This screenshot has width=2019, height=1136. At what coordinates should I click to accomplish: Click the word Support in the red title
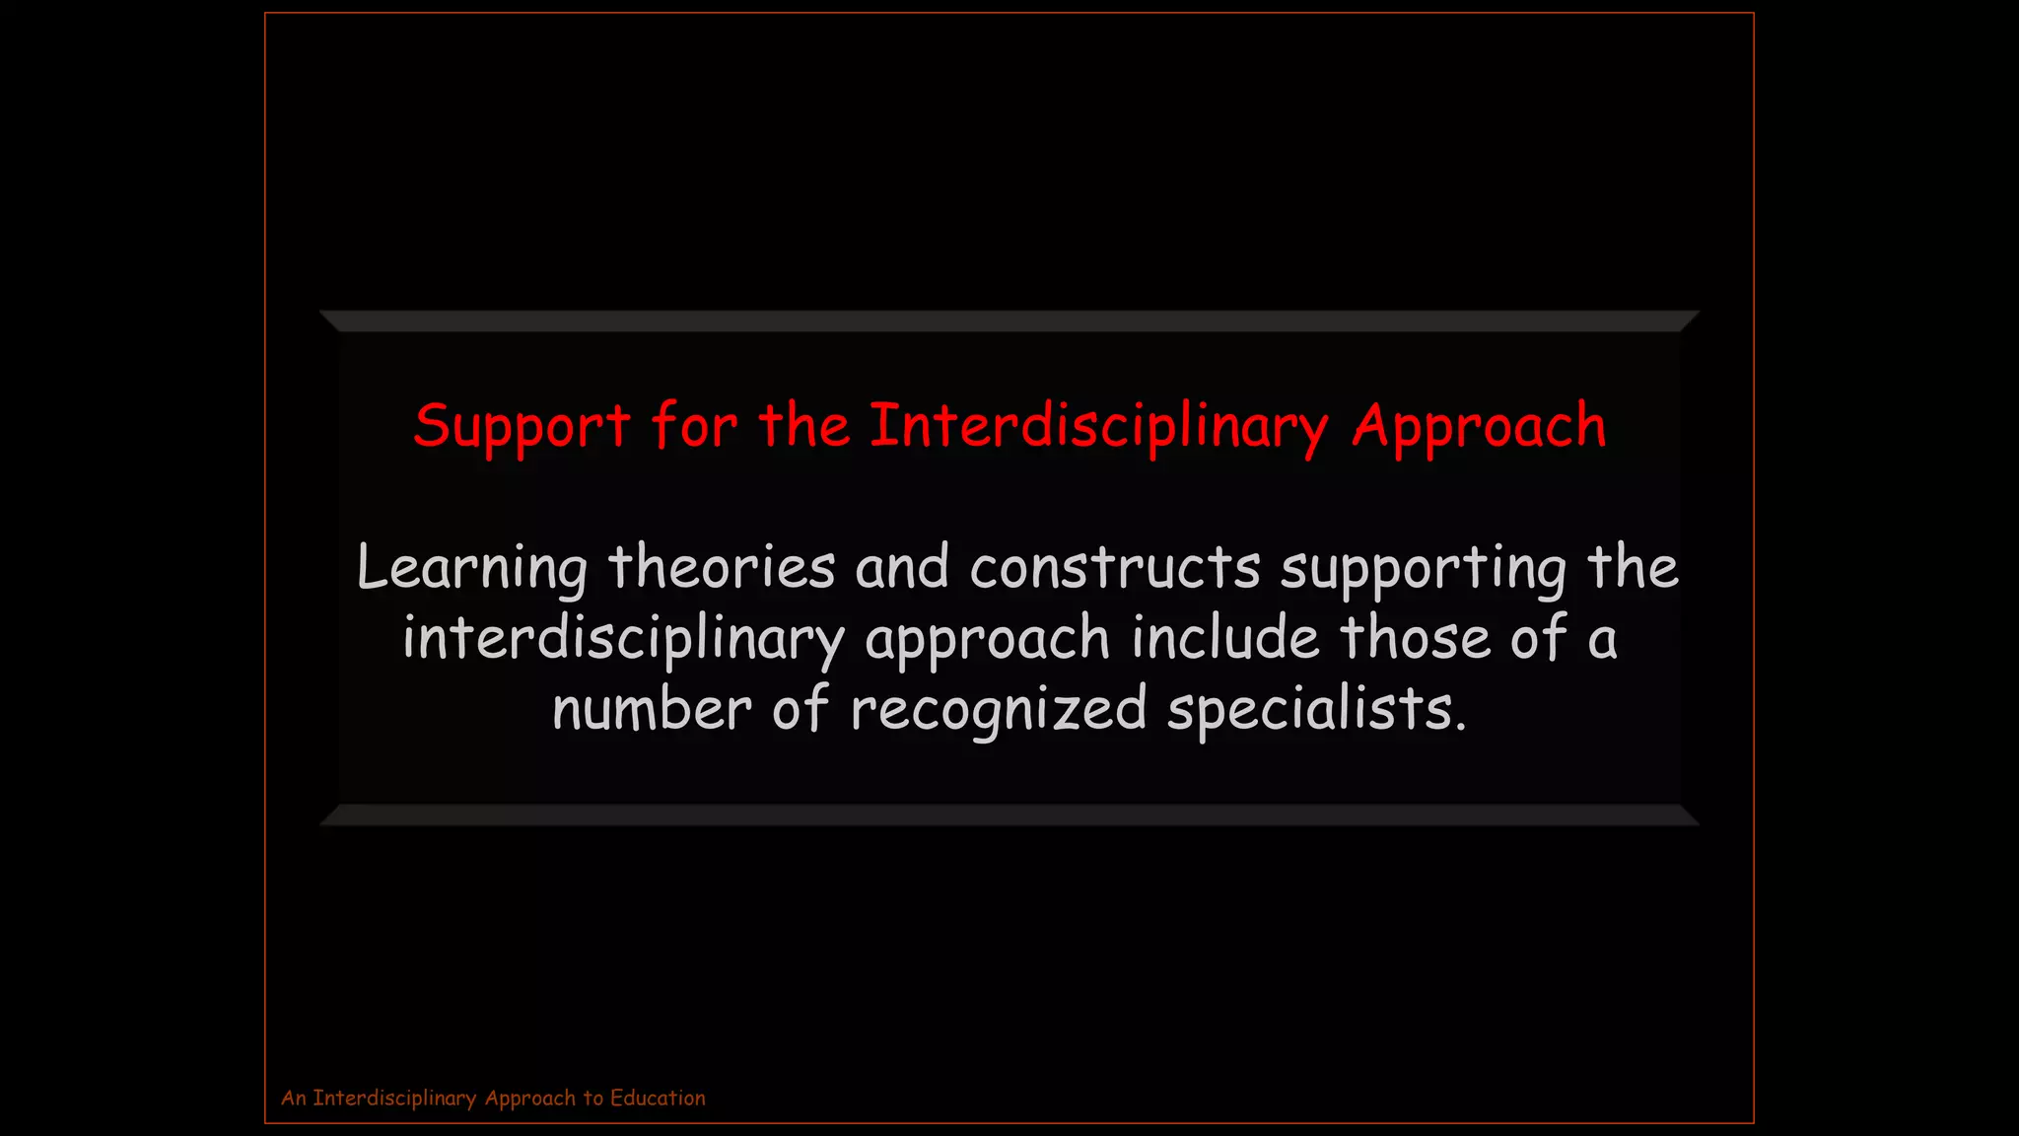pyautogui.click(x=522, y=427)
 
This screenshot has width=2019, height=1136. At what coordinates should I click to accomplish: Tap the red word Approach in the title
pyautogui.click(x=1479, y=427)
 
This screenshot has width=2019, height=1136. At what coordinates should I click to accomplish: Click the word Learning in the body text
pyautogui.click(x=472, y=569)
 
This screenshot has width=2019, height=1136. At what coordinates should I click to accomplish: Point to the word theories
pyautogui.click(x=722, y=567)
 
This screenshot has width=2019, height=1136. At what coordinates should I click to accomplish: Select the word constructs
pyautogui.click(x=1115, y=567)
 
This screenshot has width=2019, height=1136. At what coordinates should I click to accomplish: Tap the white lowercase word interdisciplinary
pyautogui.click(x=623, y=639)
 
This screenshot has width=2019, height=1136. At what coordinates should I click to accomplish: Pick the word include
pyautogui.click(x=1224, y=637)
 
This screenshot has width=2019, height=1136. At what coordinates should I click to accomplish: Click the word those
pyautogui.click(x=1415, y=637)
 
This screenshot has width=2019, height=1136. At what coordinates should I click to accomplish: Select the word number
pyautogui.click(x=652, y=709)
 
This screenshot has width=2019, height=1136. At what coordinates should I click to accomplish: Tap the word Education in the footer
pyautogui.click(x=658, y=1098)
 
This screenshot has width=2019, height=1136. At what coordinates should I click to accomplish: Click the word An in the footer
pyautogui.click(x=294, y=1098)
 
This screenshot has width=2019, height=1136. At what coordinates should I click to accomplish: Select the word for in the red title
pyautogui.click(x=694, y=427)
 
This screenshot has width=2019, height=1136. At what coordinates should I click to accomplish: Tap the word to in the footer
pyautogui.click(x=592, y=1098)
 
